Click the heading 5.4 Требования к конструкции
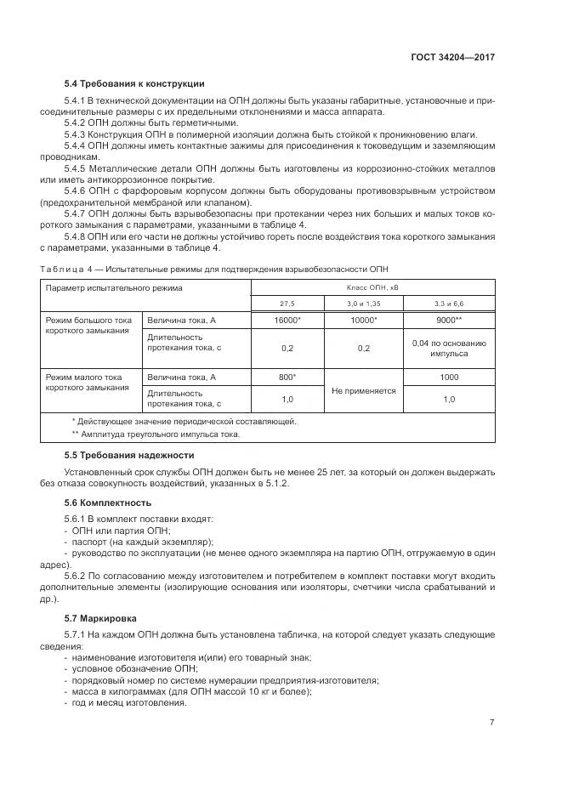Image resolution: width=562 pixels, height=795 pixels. (134, 83)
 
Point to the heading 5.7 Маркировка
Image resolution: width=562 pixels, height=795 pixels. (104, 618)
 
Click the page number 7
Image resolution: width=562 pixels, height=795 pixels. (492, 723)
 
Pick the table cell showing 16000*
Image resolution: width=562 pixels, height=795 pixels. (287, 320)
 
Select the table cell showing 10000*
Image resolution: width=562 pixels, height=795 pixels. (363, 320)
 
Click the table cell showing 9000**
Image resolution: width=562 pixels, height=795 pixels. (448, 320)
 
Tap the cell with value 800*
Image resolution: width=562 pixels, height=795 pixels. (287, 377)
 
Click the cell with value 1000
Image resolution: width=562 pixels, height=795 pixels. (448, 377)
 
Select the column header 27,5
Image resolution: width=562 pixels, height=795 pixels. (287, 304)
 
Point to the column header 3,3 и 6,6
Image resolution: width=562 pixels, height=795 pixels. (448, 304)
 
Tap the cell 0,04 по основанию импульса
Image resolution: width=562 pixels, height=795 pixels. (448, 348)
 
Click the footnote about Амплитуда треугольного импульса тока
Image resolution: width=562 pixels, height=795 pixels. (156, 434)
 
